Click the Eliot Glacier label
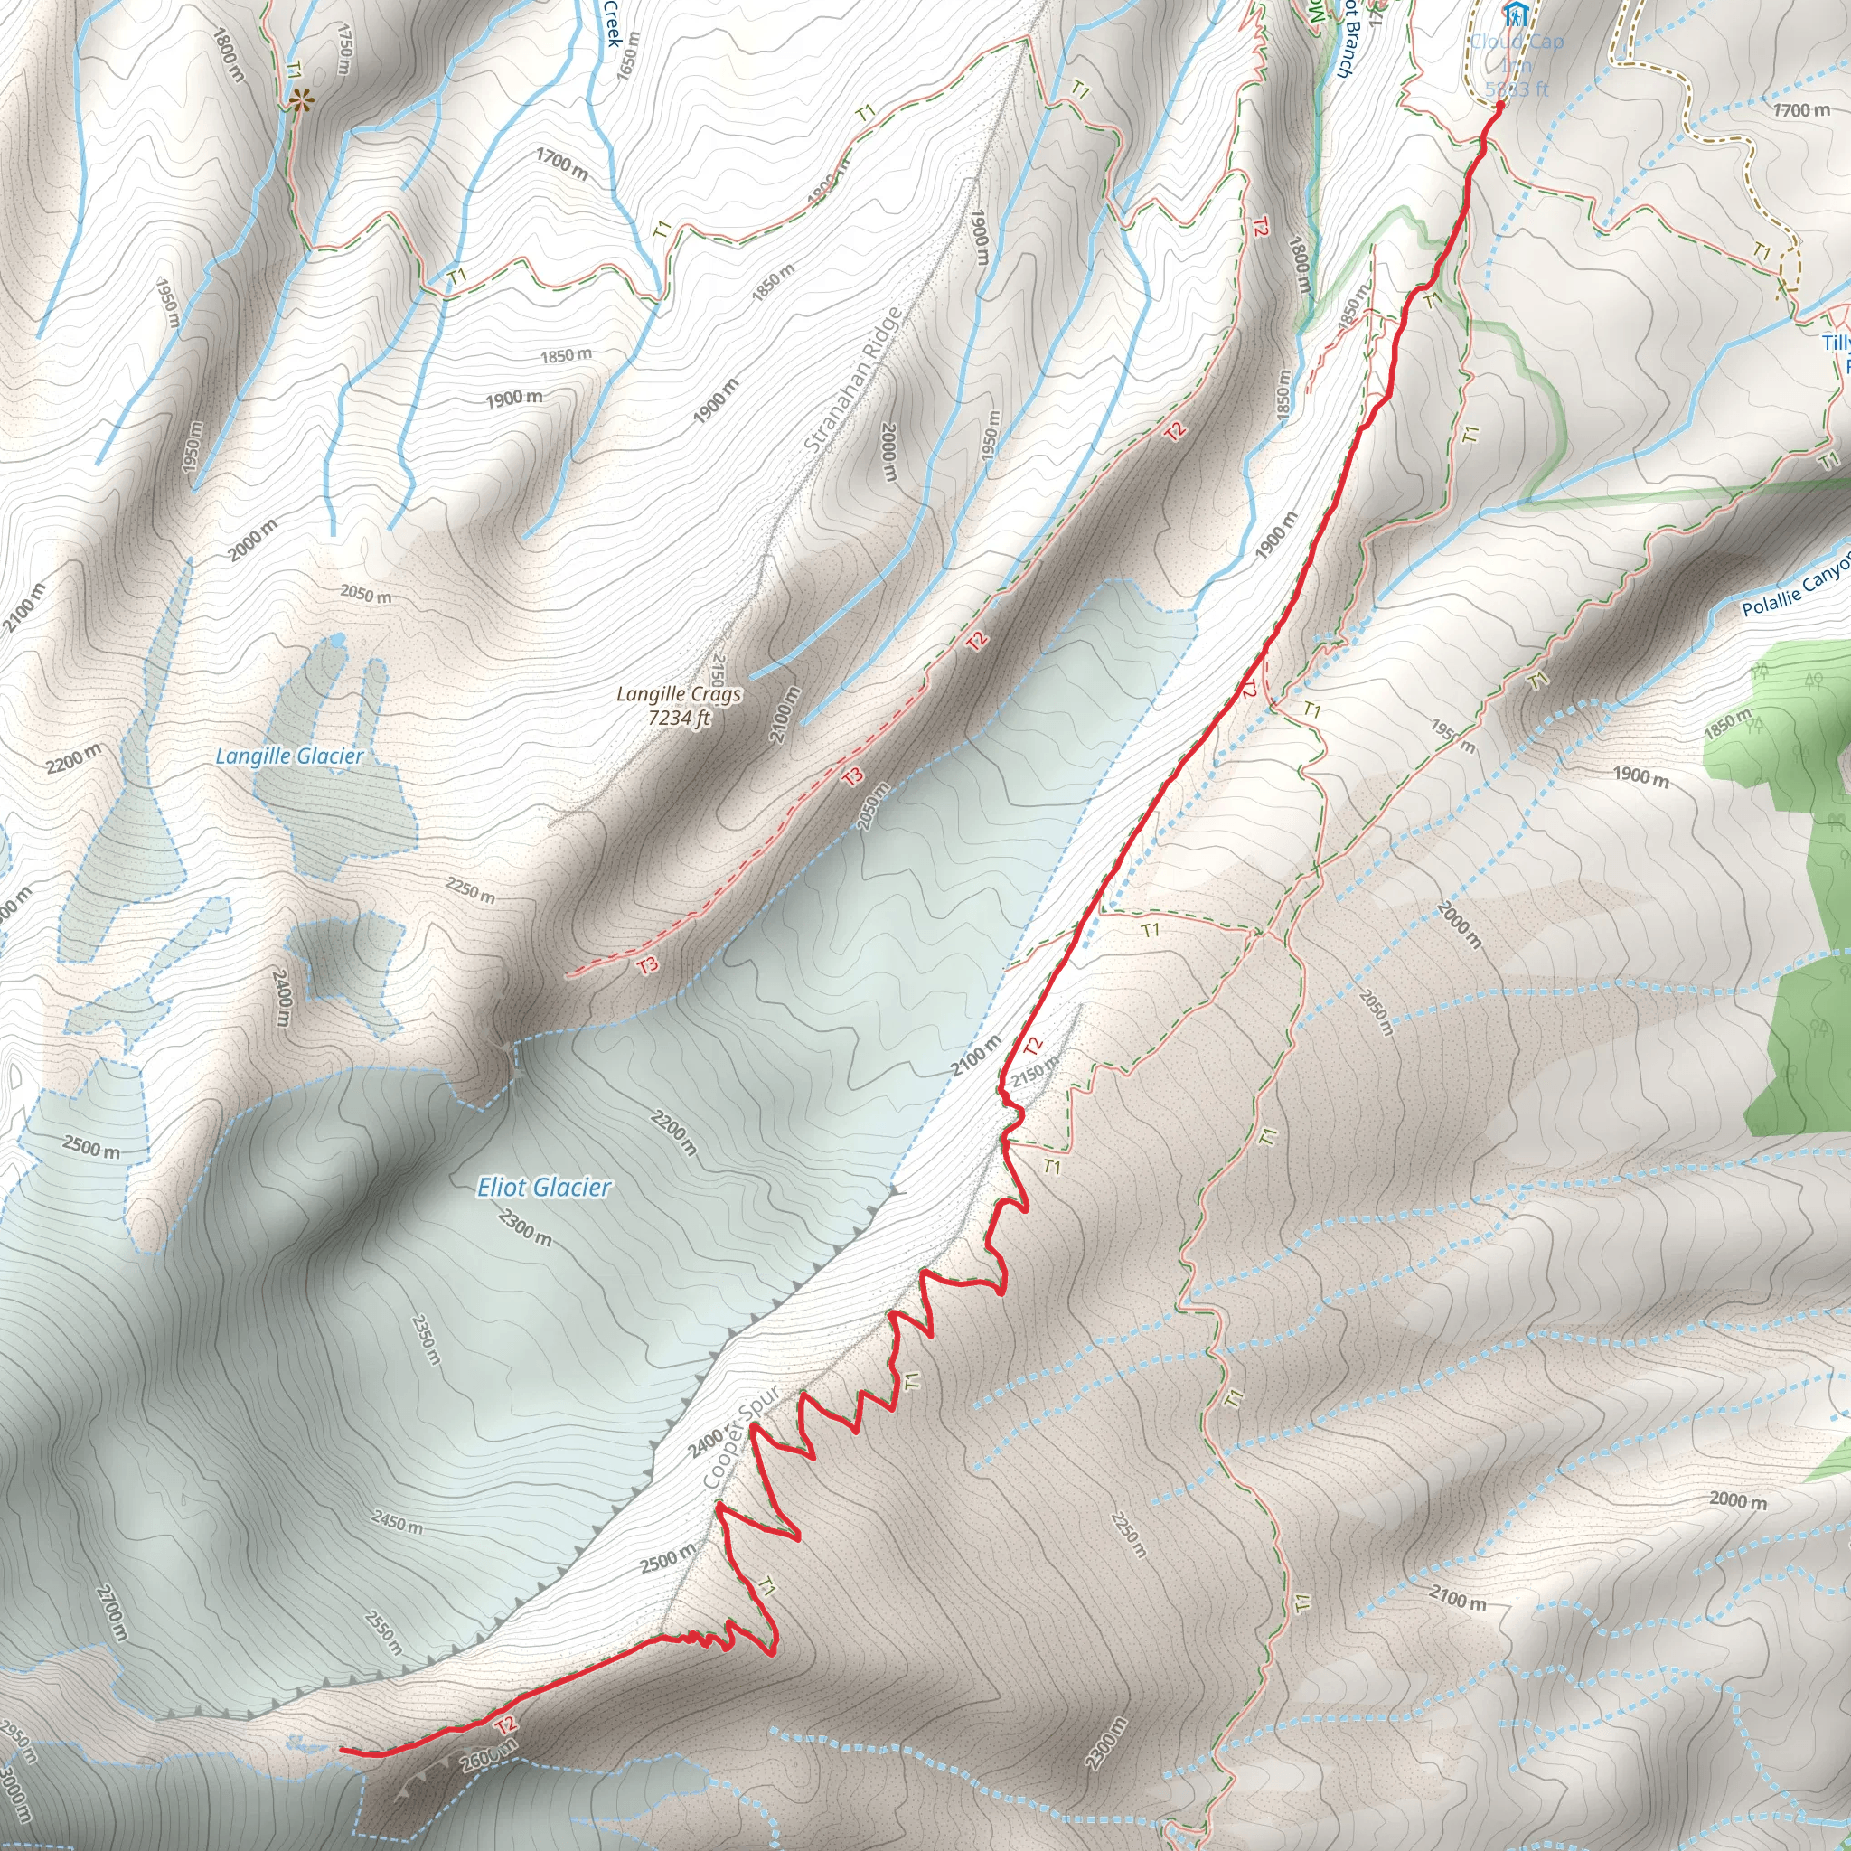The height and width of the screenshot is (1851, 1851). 543,1188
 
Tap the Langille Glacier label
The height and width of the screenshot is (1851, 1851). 289,756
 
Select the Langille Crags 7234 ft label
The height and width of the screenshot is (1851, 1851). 679,705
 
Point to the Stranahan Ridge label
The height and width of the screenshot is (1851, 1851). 851,381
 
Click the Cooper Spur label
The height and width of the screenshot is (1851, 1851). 741,1438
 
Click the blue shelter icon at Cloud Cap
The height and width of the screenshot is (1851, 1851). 1515,14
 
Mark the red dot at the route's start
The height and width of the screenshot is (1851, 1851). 1499,106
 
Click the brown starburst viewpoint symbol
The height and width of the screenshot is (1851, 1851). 301,99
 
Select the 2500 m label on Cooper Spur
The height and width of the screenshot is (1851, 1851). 668,1559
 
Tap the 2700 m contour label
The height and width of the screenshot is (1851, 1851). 111,1612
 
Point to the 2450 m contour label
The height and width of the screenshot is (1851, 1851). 397,1521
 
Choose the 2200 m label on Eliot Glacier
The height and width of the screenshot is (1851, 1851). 673,1132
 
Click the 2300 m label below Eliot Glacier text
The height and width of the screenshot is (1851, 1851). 525,1226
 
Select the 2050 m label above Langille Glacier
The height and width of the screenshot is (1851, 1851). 366,595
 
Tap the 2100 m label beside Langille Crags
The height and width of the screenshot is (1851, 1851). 784,714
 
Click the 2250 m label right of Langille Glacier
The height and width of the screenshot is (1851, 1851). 470,891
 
